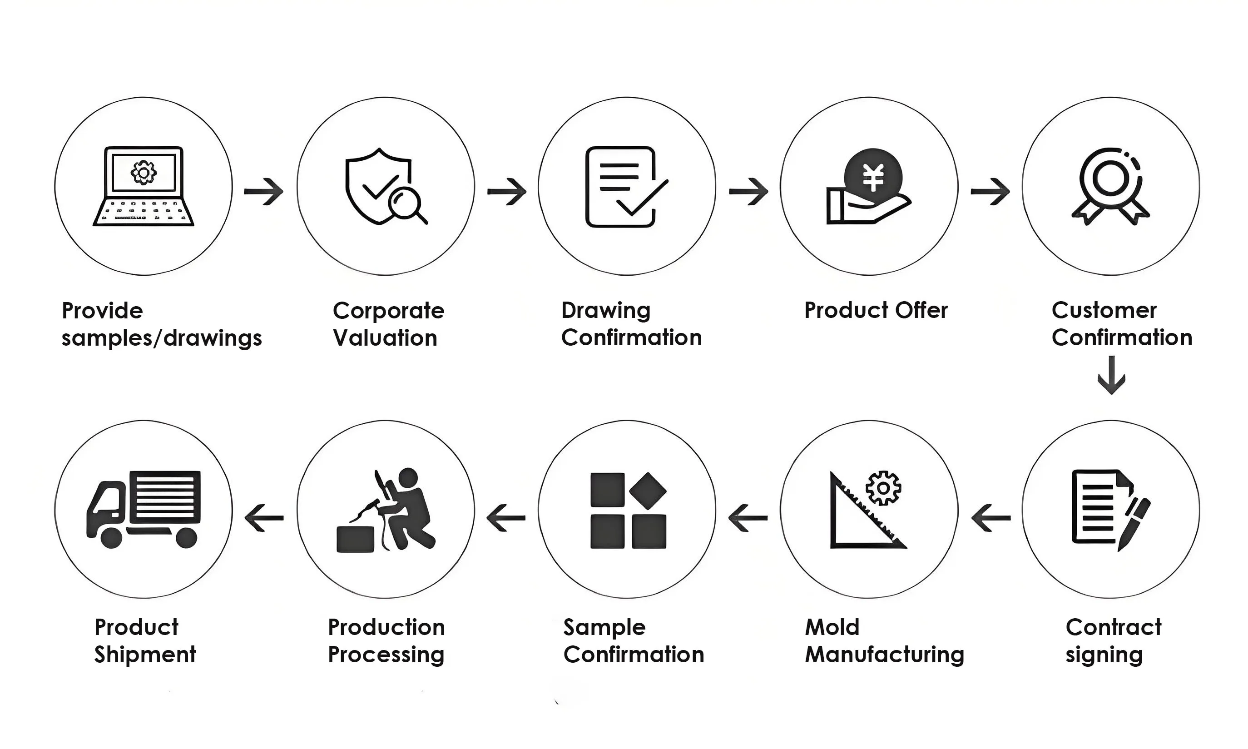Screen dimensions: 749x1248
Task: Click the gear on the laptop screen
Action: tap(144, 173)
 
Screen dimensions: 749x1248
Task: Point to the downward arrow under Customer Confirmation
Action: tap(1111, 375)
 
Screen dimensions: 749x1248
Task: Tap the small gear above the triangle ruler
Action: tap(883, 488)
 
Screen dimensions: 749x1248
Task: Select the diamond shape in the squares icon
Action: tap(648, 491)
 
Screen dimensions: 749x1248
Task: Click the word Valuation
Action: tap(385, 337)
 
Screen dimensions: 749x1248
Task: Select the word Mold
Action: tap(832, 627)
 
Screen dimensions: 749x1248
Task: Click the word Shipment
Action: tap(145, 655)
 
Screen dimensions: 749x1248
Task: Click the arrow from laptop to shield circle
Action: tap(264, 191)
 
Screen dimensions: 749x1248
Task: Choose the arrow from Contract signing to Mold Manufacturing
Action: tap(990, 517)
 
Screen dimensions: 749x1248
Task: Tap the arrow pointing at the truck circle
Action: tap(264, 517)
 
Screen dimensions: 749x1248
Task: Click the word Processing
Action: tap(386, 655)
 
